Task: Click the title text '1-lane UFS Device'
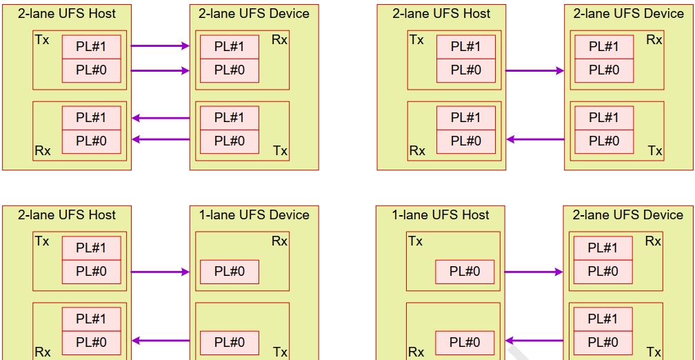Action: coord(254,215)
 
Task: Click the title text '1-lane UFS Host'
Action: coord(441,215)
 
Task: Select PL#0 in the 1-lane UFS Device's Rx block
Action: coord(230,272)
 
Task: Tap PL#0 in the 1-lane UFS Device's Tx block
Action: coord(230,343)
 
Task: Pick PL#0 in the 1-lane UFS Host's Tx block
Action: coord(465,272)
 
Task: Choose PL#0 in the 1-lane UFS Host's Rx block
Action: coord(465,343)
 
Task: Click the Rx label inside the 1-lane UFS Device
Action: coord(279,241)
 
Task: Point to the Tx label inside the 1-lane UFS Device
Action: coord(279,352)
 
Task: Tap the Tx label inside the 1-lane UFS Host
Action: coord(415,241)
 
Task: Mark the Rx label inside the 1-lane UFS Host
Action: coord(416,352)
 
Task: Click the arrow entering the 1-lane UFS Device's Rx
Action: coord(160,272)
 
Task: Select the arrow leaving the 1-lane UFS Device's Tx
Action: coord(160,340)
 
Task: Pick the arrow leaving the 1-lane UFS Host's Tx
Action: coord(534,272)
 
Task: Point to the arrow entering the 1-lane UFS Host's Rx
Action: coord(534,340)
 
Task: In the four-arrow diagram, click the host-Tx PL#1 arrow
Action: coord(160,46)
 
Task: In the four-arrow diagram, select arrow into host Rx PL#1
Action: coord(160,118)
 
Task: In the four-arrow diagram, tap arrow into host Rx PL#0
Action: coord(160,139)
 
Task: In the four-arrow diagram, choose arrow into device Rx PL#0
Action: coord(160,70)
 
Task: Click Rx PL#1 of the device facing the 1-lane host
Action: coord(603,248)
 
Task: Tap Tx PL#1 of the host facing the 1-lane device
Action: coord(91,248)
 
